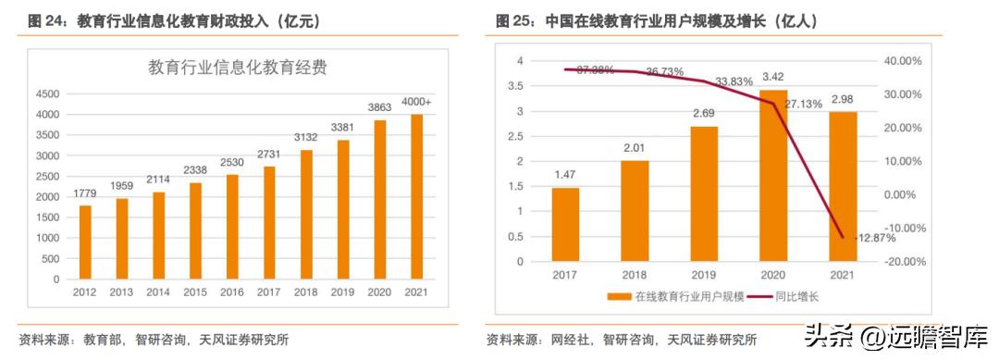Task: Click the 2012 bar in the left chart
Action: pos(85,242)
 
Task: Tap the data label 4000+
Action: pos(417,101)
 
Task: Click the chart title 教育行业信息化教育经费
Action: pos(238,67)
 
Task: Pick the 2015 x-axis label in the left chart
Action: pos(195,292)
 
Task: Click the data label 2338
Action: pos(195,172)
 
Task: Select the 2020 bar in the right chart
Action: pos(773,176)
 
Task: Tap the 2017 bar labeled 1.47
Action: pos(565,225)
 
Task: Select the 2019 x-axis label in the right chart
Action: pos(704,275)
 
